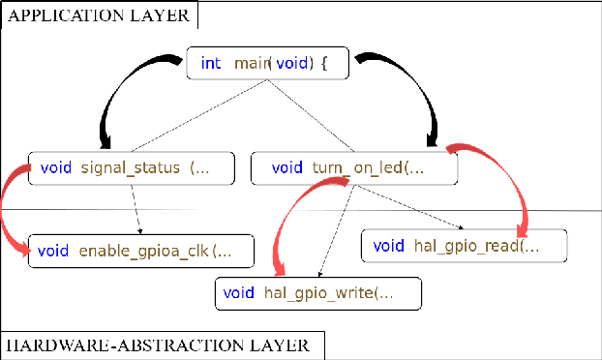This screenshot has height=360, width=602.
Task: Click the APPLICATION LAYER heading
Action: coord(100,15)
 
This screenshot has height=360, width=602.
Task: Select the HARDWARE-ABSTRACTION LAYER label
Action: coord(158,345)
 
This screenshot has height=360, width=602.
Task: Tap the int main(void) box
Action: coord(265,64)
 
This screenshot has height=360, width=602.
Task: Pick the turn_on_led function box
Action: coord(353,167)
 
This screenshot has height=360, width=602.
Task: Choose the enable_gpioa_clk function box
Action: coord(141,251)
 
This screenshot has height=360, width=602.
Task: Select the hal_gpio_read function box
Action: coord(462,246)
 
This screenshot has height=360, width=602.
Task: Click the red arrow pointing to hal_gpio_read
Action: coord(508,184)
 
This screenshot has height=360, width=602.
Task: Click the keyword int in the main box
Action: coord(210,64)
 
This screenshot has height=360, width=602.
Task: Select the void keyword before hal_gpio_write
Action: coord(239,292)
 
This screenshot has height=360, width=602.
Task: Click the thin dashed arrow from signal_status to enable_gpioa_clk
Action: coord(136,208)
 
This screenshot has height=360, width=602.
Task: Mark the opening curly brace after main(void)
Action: coord(324,64)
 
